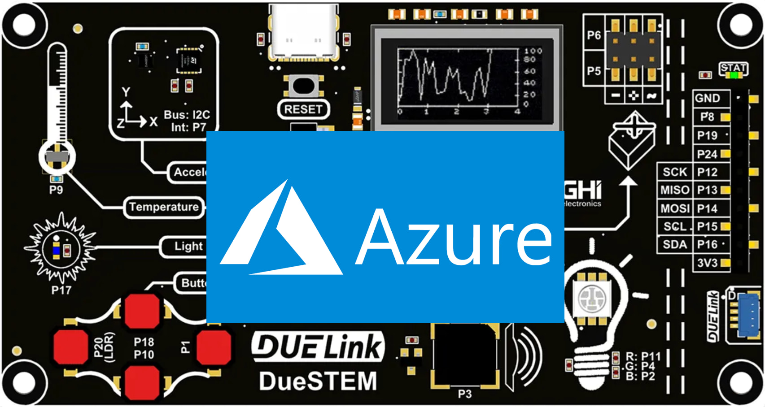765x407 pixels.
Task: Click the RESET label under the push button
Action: [303, 109]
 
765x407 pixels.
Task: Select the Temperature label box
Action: [164, 207]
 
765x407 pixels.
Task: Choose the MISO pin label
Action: [674, 190]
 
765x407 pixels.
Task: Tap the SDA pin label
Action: [674, 245]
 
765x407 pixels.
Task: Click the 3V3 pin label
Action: [707, 263]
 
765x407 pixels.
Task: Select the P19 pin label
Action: [707, 135]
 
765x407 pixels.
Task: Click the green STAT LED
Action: [734, 75]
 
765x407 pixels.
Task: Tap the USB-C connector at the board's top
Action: [303, 34]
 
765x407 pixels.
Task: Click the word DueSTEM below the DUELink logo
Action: [318, 381]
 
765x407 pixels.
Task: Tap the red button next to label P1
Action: [214, 347]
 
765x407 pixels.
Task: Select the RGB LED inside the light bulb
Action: [592, 298]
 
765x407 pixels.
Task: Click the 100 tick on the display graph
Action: [533, 51]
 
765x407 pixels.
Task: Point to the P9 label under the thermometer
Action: [56, 190]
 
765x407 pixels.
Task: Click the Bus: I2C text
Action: [187, 115]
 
